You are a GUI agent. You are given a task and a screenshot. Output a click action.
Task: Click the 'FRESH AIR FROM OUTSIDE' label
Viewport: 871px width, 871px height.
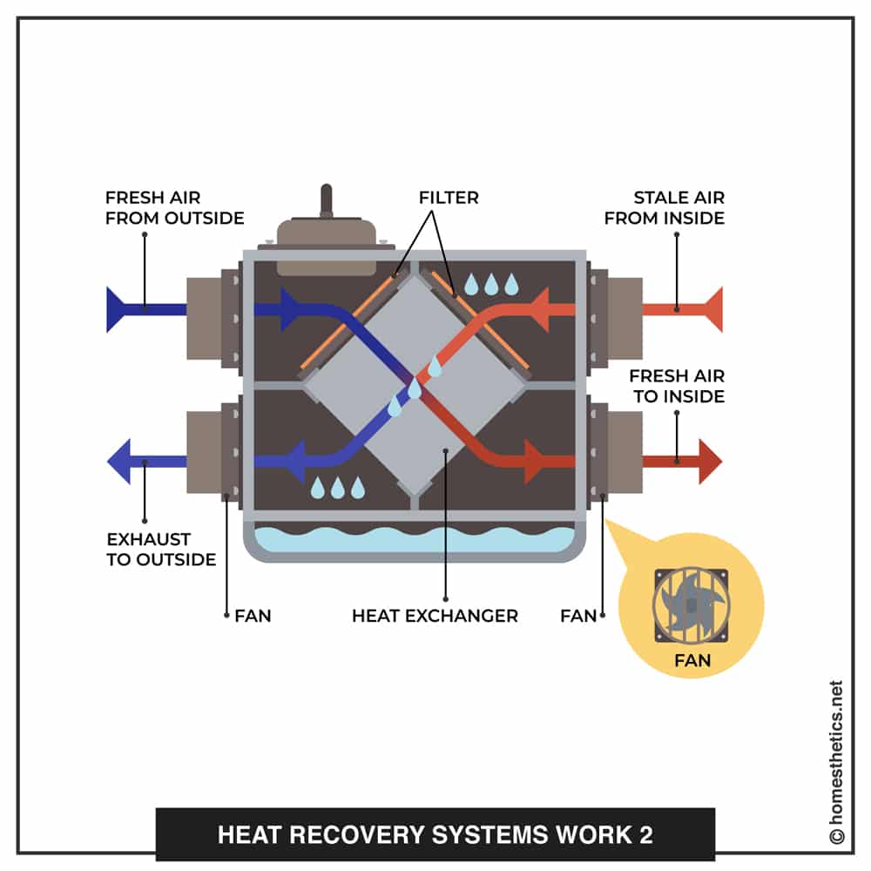pos(174,207)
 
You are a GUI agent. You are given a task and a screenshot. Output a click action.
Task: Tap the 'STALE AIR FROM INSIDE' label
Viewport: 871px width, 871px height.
pos(665,207)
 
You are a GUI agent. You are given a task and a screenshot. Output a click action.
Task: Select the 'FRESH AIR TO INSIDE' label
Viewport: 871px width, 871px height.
pos(677,386)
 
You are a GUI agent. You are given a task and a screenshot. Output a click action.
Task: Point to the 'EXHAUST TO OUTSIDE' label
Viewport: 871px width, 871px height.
pos(161,549)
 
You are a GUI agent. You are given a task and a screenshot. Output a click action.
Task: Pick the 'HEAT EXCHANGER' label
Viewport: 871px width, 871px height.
pos(435,616)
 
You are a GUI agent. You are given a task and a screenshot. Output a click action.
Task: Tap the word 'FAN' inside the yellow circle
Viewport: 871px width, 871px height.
pos(692,660)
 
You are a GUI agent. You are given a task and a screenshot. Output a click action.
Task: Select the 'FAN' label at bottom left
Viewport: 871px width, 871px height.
pos(253,616)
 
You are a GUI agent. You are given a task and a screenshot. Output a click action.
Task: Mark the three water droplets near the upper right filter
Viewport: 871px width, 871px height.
pos(491,284)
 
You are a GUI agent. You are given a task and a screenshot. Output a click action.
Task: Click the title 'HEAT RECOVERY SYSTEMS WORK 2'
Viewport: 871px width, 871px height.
pos(435,834)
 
